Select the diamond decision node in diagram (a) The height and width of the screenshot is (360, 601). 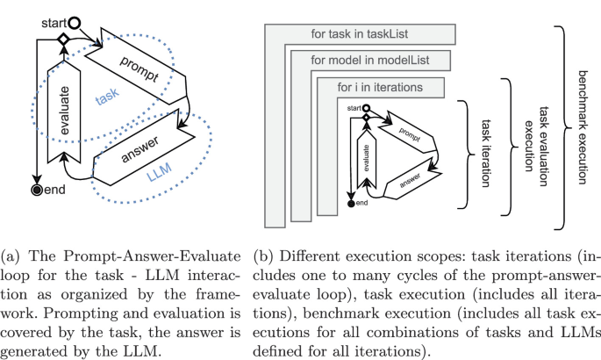click(63, 40)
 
